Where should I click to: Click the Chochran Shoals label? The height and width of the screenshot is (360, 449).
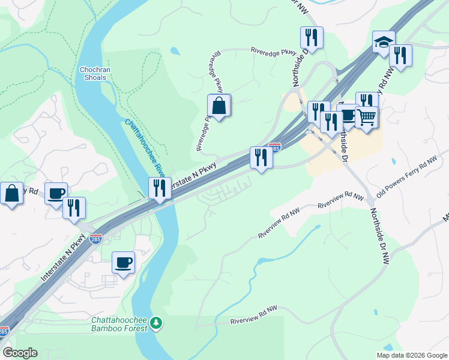click(x=95, y=74)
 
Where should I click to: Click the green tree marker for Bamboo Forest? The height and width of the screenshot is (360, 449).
click(x=157, y=323)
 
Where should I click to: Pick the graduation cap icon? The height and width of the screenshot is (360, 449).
click(x=384, y=42)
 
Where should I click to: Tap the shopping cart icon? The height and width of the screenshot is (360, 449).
click(x=366, y=116)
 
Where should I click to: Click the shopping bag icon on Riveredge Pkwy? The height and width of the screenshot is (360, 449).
click(x=219, y=106)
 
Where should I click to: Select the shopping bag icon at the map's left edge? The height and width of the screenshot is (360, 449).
click(x=11, y=193)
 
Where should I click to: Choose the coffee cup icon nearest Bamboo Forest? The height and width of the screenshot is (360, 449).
click(x=124, y=262)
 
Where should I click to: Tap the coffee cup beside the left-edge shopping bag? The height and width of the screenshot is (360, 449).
click(x=56, y=193)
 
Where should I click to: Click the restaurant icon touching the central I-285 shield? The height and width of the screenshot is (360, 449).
click(x=261, y=158)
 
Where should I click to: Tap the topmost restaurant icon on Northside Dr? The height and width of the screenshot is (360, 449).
click(x=312, y=37)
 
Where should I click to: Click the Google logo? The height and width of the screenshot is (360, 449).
click(x=20, y=353)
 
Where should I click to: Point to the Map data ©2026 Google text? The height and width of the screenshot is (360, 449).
click(x=411, y=355)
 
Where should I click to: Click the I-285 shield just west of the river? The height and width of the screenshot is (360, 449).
click(x=95, y=239)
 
